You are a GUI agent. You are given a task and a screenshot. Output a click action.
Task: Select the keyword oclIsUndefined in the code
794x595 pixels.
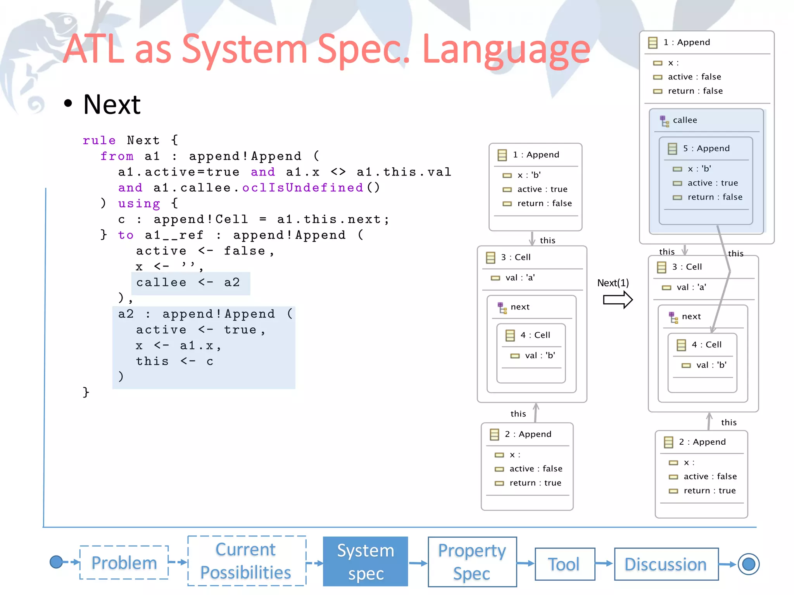click(302, 188)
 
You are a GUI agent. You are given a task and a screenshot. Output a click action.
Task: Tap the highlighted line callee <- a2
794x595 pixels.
click(188, 283)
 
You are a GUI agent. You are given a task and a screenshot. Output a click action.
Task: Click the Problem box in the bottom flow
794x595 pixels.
click(124, 563)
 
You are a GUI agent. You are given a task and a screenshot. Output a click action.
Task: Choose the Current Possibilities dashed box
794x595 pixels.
click(246, 561)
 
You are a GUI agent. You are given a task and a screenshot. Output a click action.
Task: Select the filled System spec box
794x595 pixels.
click(365, 562)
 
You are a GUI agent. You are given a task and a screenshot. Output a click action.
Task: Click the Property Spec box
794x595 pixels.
click(472, 562)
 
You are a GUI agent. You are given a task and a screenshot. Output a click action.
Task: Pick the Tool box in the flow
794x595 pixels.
click(564, 564)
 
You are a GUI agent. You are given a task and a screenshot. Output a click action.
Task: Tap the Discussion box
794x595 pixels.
click(666, 564)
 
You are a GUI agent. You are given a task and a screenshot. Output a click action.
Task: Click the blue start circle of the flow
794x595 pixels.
click(57, 562)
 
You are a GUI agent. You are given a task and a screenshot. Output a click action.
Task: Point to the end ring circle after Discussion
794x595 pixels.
click(748, 564)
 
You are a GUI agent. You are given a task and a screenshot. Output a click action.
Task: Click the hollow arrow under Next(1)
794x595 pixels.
click(618, 300)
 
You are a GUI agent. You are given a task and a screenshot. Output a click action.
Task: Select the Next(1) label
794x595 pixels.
click(613, 283)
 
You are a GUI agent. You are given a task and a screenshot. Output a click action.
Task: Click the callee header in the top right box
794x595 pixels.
click(685, 120)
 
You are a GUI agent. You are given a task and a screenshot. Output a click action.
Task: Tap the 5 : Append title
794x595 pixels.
click(706, 149)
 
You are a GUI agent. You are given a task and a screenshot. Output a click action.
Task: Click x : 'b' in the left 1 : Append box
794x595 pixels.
click(529, 175)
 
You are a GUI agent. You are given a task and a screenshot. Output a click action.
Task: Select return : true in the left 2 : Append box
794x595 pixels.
click(535, 483)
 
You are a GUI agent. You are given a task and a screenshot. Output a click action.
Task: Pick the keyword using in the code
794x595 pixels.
click(139, 203)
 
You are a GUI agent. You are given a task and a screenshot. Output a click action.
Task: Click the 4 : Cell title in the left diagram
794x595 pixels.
click(535, 335)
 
